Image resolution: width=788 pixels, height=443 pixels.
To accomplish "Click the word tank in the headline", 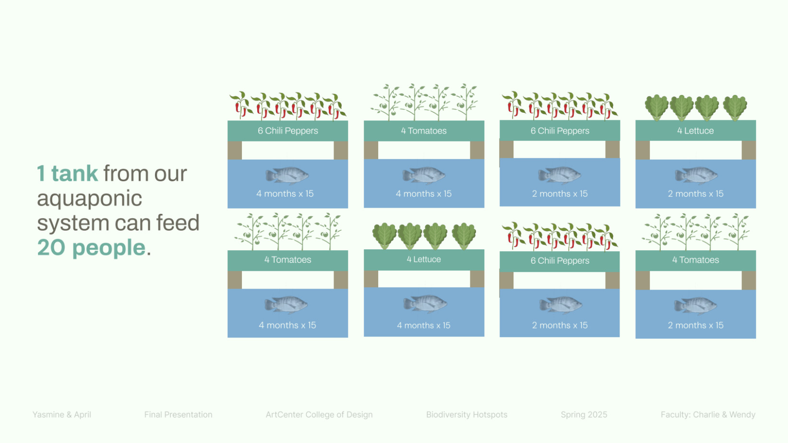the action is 74,174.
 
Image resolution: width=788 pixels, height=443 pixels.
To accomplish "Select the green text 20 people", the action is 91,247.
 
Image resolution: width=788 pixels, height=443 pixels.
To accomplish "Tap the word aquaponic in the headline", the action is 89,199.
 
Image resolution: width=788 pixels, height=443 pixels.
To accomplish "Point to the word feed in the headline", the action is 178,222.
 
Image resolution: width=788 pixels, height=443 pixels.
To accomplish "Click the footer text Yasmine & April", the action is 61,415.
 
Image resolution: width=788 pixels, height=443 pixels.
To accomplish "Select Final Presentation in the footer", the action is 179,415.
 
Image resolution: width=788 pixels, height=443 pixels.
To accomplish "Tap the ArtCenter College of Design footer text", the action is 319,415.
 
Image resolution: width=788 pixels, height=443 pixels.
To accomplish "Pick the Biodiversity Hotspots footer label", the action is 467,415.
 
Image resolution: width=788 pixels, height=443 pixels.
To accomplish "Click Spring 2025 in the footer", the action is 584,415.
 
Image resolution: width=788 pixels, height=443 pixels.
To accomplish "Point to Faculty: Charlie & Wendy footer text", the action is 708,415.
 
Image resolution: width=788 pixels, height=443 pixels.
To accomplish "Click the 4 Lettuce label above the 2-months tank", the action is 695,131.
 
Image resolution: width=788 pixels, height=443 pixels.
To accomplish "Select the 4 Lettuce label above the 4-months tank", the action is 424,259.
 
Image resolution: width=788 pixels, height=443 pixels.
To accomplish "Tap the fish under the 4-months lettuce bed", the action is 425,304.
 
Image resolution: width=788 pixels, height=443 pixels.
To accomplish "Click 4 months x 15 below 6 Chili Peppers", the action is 285,194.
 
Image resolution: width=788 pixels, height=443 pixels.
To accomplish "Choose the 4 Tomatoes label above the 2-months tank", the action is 695,260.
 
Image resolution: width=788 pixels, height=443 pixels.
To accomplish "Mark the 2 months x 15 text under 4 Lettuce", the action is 695,194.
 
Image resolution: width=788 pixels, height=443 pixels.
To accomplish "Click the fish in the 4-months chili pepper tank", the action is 287,175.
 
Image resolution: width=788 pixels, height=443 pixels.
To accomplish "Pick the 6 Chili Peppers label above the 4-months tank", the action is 288,131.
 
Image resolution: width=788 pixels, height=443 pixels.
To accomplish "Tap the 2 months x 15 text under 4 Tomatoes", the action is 695,326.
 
